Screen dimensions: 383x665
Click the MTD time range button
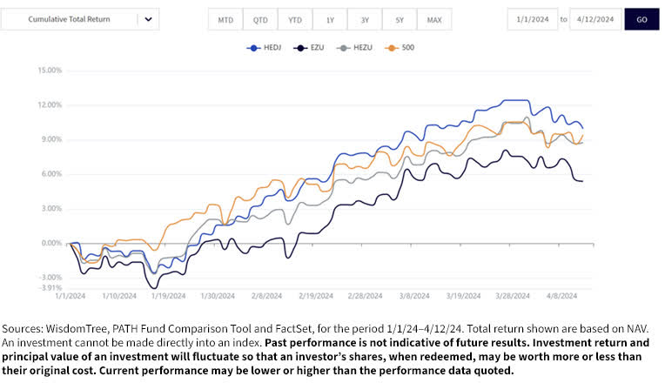click(225, 19)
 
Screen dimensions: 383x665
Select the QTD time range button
click(260, 19)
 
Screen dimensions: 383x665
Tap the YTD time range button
click(295, 19)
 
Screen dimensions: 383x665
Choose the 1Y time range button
click(330, 19)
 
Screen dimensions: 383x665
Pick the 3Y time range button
click(364, 19)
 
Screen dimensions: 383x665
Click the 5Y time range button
click(399, 19)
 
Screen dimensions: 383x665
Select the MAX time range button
click(433, 19)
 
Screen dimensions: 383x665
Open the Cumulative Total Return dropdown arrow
click(148, 19)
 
